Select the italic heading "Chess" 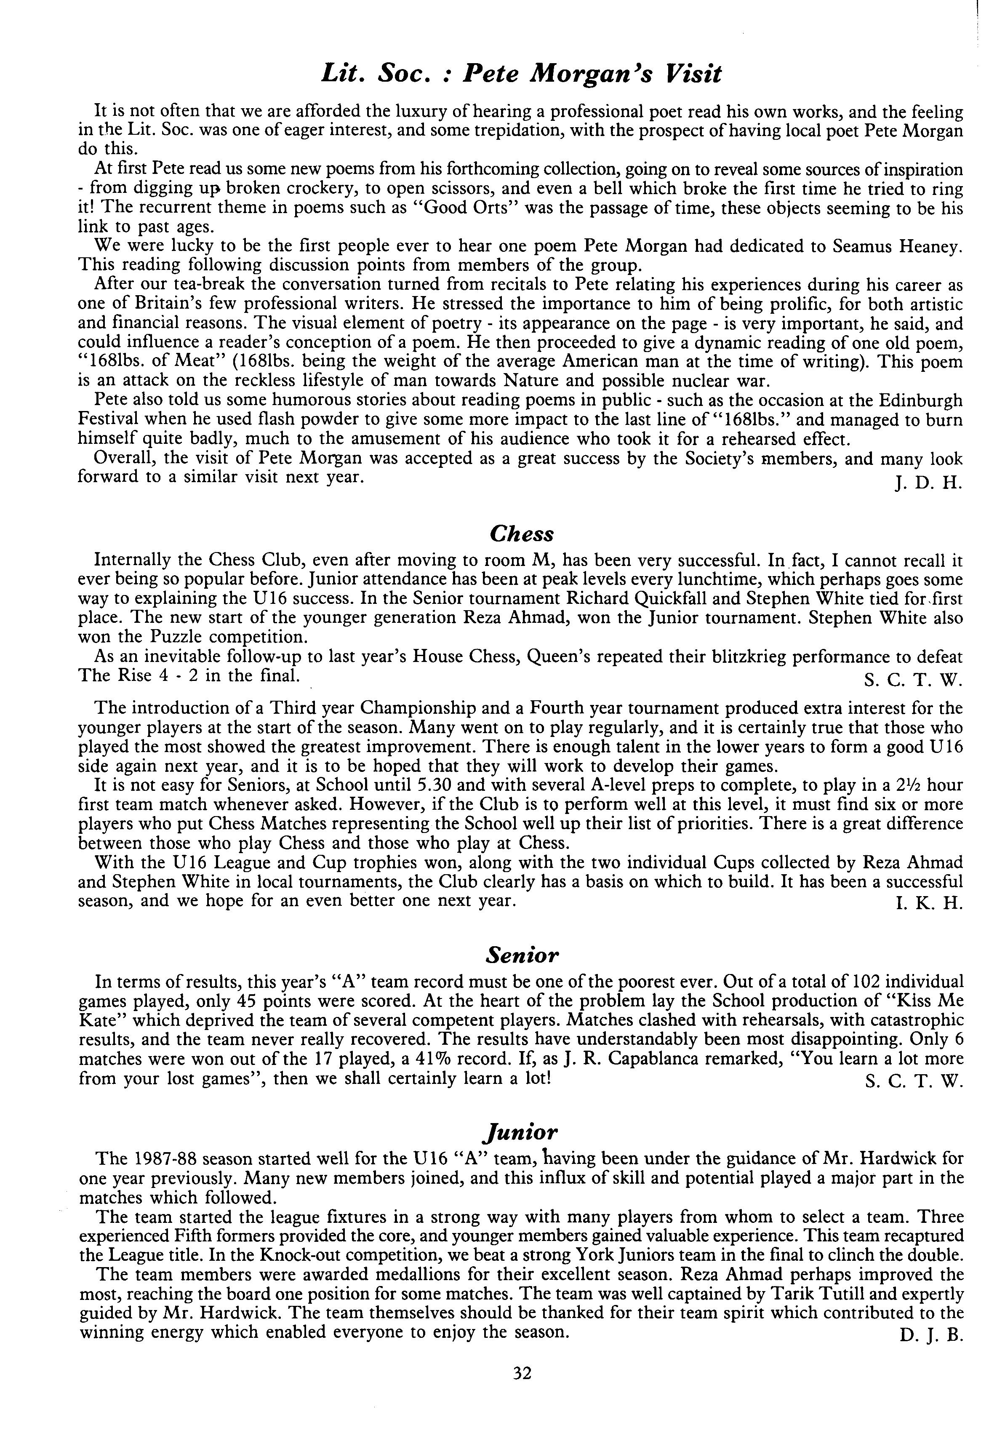click(x=522, y=533)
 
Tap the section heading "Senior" click(x=522, y=955)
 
